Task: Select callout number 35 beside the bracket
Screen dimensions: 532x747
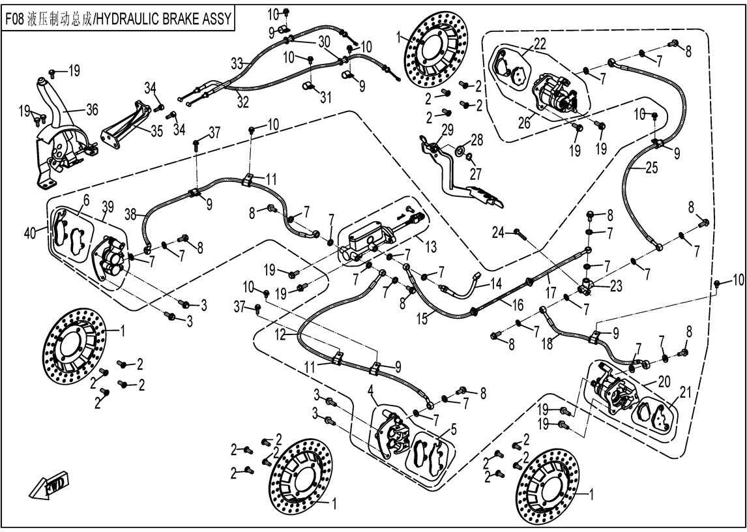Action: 156,130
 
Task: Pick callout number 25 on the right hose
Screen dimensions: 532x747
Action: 652,168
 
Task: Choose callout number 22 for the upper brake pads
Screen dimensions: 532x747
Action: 539,44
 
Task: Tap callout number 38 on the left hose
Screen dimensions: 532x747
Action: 131,213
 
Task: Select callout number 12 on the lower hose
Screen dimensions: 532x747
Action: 281,334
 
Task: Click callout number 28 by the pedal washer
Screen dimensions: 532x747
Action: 478,140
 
